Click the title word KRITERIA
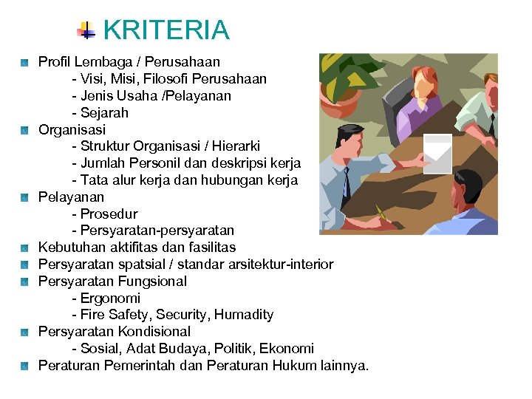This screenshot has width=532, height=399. [166, 30]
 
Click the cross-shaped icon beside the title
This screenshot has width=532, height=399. [87, 30]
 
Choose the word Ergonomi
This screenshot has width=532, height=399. [110, 299]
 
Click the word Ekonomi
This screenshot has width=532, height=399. [288, 349]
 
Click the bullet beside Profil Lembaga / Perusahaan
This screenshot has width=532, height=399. [24, 62]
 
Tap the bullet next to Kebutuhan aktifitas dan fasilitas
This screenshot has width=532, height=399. [24, 248]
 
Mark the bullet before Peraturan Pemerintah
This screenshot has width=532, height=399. [24, 366]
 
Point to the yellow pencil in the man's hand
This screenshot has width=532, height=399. [381, 214]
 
